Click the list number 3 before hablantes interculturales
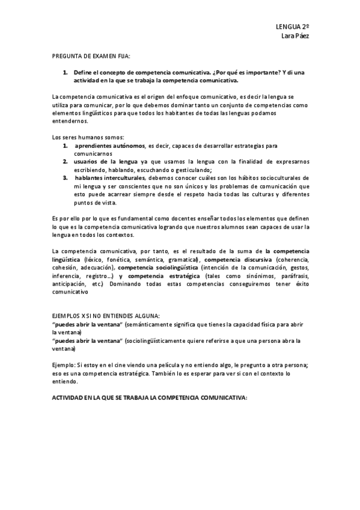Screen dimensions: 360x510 66,178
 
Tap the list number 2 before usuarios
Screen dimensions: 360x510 66,162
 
